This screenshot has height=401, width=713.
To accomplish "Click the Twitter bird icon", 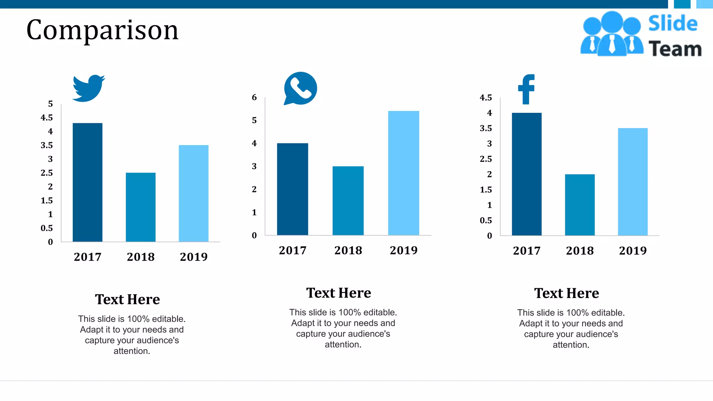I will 88,88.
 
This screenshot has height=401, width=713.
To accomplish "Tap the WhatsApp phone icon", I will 300,88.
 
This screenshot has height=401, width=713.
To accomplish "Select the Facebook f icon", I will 526,89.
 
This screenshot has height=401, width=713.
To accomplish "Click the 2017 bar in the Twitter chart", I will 87,182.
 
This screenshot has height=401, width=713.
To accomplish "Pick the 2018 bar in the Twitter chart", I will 141,207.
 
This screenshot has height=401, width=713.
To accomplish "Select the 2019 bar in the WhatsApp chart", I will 403,173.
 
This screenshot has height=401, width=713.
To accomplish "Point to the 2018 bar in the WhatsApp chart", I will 348,200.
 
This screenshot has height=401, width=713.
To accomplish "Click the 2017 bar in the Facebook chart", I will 526,174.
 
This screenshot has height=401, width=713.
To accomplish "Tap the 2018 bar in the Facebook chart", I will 580,205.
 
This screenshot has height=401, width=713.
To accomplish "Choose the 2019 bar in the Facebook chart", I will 633,182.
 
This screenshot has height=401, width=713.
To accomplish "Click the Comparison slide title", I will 102,30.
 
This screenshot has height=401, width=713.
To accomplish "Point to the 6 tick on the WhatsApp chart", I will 254,97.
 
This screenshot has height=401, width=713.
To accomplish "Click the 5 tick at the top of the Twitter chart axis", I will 50,104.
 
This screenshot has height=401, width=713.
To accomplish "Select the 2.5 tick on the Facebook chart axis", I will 486,159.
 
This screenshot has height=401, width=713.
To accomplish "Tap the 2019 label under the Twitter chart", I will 194,257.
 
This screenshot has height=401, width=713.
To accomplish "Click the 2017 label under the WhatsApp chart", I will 292,250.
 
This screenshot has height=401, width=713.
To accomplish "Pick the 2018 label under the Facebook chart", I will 580,251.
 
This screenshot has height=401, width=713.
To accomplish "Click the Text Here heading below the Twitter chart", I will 127,299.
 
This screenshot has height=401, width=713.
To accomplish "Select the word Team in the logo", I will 675,49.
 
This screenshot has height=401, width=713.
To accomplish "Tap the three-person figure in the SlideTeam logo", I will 612,34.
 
